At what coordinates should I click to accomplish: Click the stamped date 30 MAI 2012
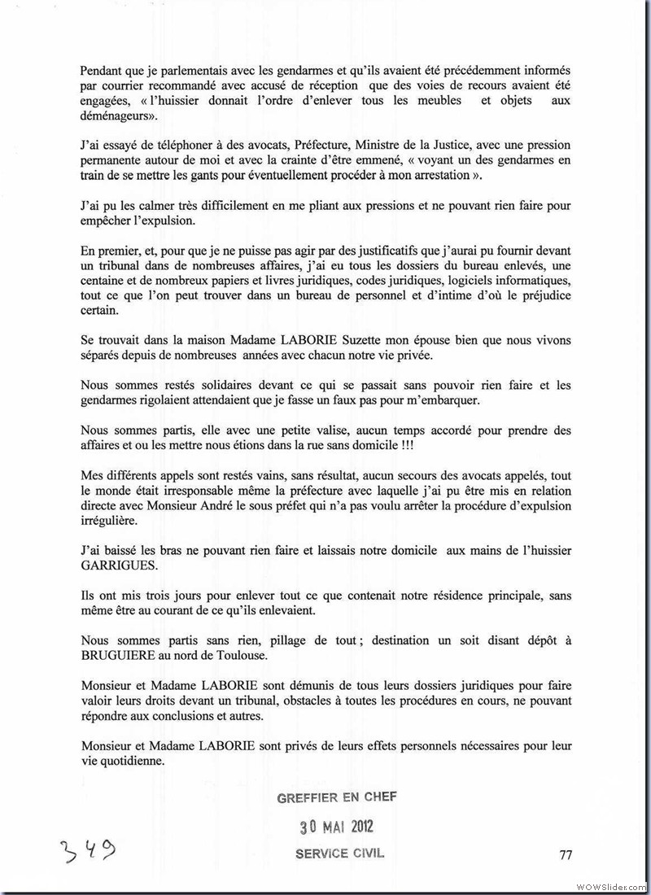[x=336, y=827]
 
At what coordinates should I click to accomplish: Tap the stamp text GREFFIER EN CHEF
[x=337, y=798]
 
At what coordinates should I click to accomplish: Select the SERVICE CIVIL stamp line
[x=338, y=854]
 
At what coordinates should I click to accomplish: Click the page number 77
[x=566, y=854]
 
